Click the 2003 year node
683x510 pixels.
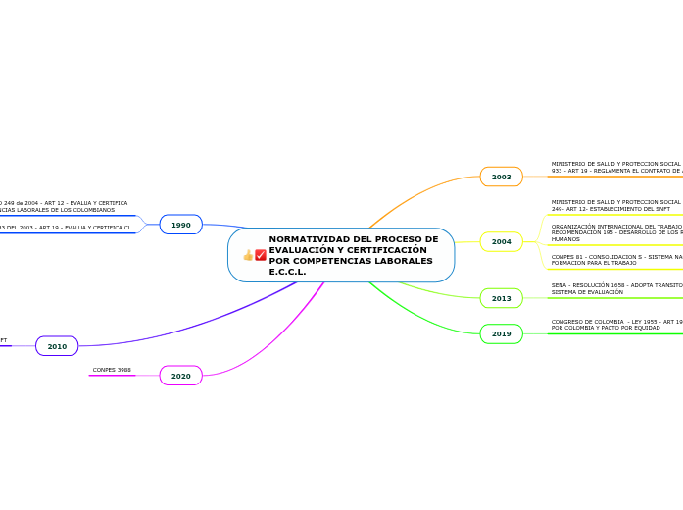pos(501,177)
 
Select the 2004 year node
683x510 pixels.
pos(501,241)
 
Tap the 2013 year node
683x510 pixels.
pos(501,298)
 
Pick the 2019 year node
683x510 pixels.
pos(501,334)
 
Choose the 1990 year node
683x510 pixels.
pos(181,225)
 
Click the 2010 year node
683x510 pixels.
pos(57,346)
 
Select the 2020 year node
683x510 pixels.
pos(181,376)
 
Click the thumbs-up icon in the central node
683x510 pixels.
pos(248,255)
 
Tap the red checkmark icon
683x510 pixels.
pos(261,255)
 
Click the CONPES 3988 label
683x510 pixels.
pos(112,370)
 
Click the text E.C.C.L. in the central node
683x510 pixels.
pos(287,272)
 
